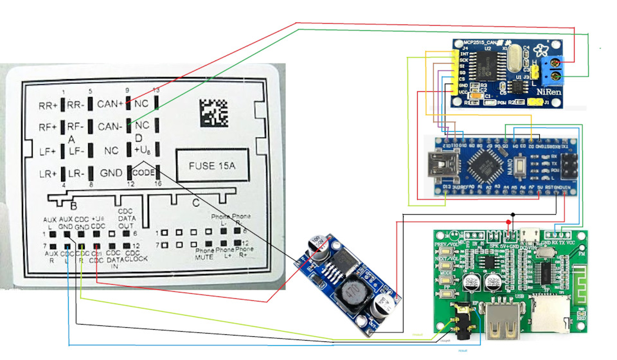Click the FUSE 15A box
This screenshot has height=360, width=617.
211,166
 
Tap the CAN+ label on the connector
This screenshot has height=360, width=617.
111,103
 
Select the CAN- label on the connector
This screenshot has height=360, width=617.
111,127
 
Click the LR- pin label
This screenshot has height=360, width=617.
76,174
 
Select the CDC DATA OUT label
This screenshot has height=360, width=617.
125,219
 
